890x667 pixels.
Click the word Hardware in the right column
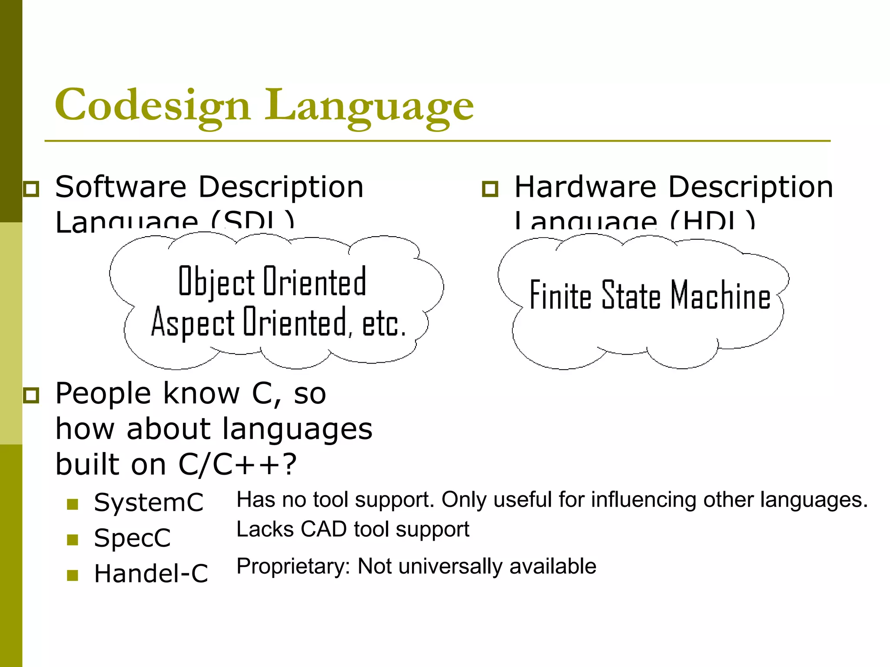click(x=585, y=187)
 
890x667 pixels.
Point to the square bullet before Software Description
click(x=31, y=189)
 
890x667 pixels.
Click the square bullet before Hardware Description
click(x=490, y=189)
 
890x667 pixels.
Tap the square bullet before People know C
click(x=31, y=395)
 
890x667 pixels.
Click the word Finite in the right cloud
click(x=560, y=295)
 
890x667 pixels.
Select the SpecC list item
click(x=132, y=538)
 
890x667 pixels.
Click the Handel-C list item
click(x=151, y=574)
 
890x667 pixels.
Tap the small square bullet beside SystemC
click(x=73, y=504)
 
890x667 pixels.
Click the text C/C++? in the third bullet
click(x=237, y=464)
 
